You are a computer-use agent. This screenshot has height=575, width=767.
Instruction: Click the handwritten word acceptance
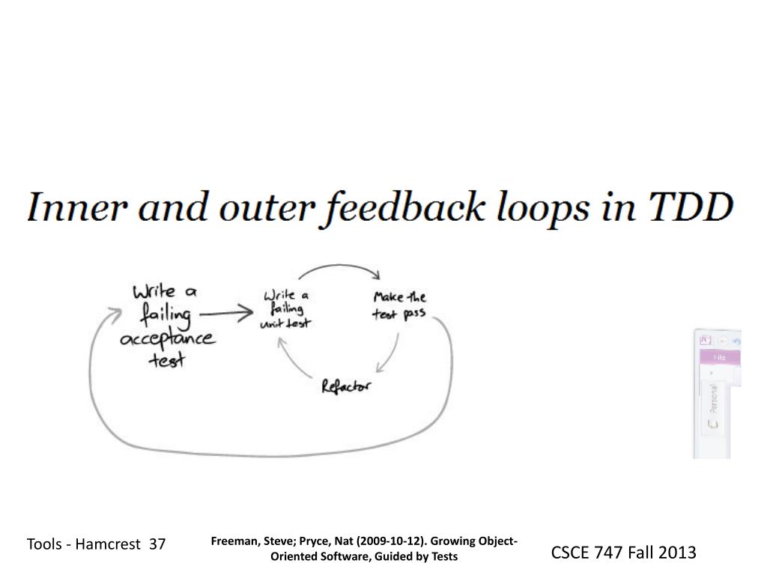[x=166, y=340]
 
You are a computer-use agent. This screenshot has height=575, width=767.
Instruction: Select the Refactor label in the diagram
[x=345, y=386]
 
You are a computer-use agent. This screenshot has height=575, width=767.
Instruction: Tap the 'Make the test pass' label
[x=399, y=305]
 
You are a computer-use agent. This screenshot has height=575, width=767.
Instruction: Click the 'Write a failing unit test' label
[x=287, y=308]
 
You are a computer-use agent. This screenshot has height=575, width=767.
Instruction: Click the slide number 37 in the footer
[x=157, y=544]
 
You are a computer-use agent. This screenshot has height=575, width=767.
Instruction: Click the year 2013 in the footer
[x=677, y=553]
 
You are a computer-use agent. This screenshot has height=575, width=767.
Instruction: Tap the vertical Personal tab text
[x=713, y=398]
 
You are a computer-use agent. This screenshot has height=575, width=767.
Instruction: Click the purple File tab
[x=720, y=358]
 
